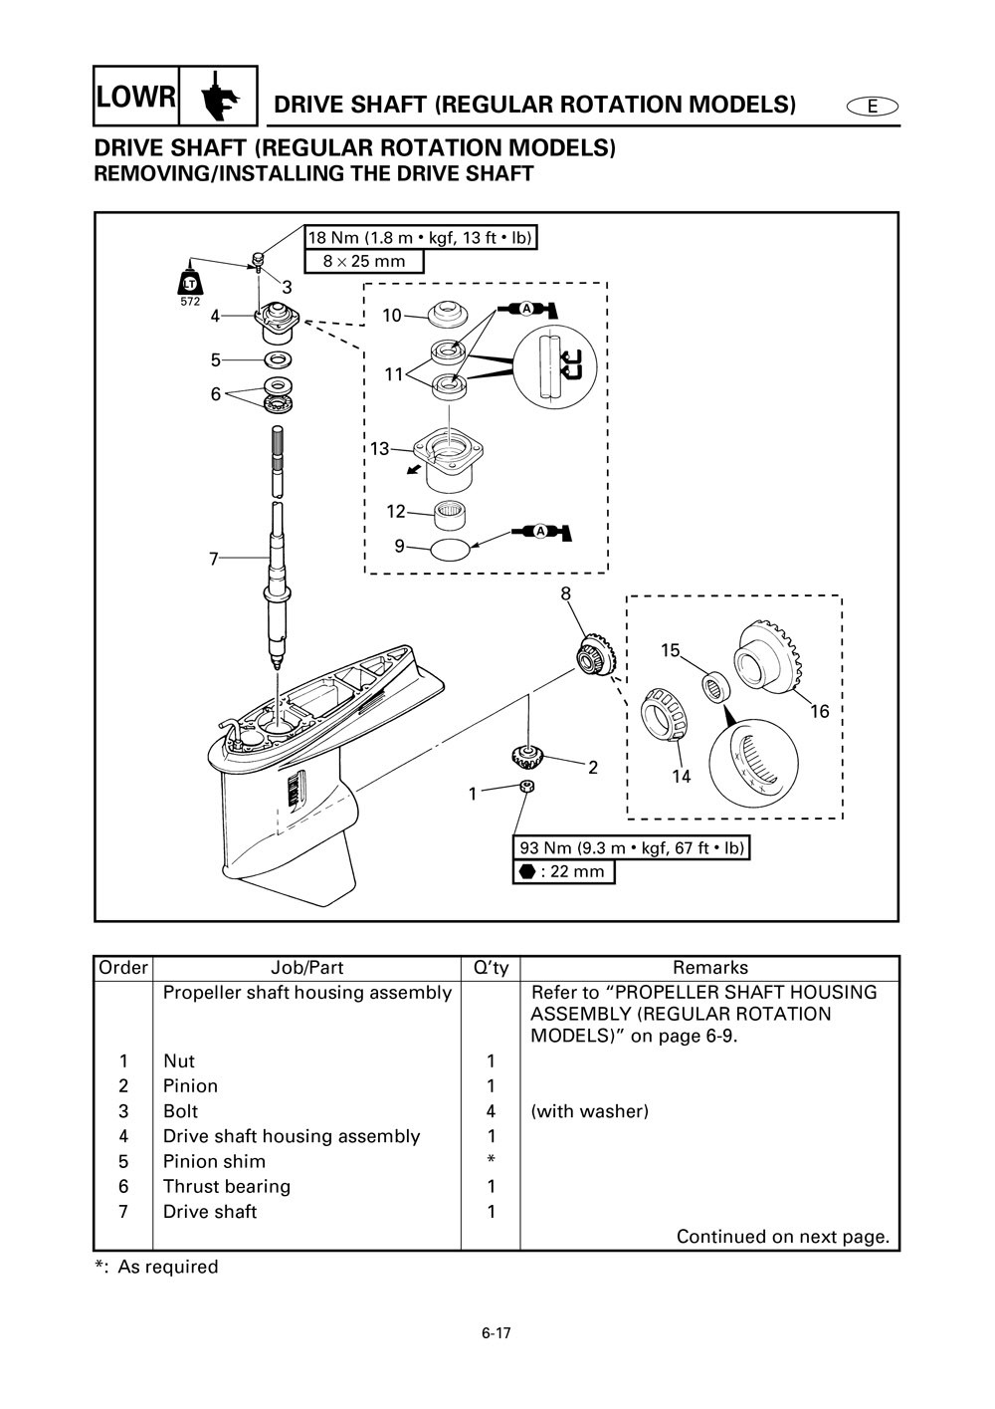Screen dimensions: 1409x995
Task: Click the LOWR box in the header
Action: click(x=137, y=97)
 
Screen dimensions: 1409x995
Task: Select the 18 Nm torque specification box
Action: click(x=420, y=237)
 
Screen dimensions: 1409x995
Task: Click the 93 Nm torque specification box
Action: click(x=631, y=847)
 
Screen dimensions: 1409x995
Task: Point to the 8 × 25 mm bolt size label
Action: click(x=364, y=261)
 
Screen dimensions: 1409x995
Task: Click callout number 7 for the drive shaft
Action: click(x=213, y=560)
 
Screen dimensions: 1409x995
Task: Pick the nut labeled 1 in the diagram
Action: click(x=529, y=788)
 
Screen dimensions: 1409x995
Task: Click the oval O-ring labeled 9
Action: click(x=451, y=548)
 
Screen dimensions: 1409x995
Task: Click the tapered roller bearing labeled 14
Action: click(x=668, y=716)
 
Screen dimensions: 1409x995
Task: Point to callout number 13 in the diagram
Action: click(x=380, y=449)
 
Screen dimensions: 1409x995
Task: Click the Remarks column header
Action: click(x=709, y=967)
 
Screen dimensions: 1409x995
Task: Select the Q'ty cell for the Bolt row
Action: click(x=490, y=1111)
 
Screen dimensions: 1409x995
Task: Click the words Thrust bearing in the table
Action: click(x=227, y=1186)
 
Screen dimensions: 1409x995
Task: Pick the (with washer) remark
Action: click(x=589, y=1111)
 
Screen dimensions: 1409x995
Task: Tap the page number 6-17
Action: click(x=496, y=1333)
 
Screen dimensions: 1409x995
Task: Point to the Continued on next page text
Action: click(x=782, y=1237)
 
